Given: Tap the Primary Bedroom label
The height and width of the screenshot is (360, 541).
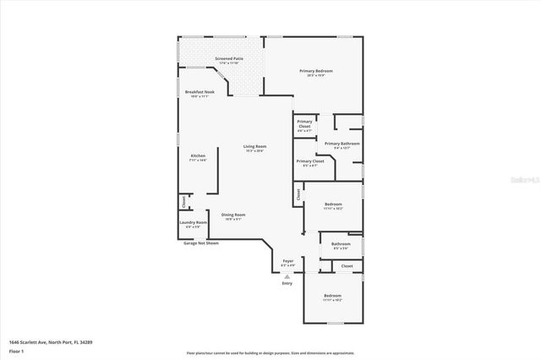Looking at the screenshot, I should [315, 73].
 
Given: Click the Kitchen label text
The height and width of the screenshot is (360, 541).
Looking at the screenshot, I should [197, 157].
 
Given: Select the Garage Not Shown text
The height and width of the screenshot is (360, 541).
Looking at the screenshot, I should [201, 243].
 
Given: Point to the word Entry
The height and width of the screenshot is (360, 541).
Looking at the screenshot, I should [287, 283].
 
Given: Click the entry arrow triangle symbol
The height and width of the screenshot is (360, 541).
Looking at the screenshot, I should [287, 275].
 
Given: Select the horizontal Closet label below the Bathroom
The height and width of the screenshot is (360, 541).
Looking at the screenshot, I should [347, 266].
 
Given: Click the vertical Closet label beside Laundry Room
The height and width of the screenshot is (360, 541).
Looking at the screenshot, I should [183, 202].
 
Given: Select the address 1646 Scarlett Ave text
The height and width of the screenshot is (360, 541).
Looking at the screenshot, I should [50, 341].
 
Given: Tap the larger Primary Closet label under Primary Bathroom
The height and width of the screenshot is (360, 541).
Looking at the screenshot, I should [309, 162].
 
